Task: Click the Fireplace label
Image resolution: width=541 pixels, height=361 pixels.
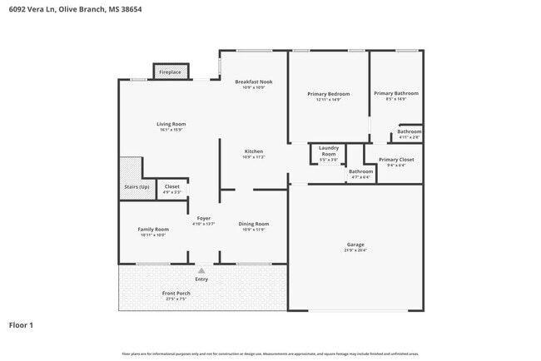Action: (x=171, y=72)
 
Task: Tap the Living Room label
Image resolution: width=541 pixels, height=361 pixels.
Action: (x=171, y=124)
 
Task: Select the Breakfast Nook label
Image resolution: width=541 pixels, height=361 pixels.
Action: (x=253, y=82)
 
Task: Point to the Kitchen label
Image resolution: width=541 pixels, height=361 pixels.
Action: (x=253, y=151)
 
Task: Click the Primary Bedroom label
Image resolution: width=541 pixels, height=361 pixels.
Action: (x=329, y=94)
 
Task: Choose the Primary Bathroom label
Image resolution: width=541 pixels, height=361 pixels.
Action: (x=395, y=93)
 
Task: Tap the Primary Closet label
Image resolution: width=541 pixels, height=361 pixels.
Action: (x=395, y=159)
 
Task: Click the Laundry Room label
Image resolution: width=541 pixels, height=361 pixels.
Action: (x=329, y=151)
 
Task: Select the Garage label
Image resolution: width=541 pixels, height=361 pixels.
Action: (x=355, y=245)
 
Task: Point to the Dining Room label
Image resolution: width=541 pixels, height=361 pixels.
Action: (x=253, y=223)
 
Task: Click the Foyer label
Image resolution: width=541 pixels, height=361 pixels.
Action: (x=203, y=218)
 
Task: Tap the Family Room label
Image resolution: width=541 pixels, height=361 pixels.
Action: (x=154, y=229)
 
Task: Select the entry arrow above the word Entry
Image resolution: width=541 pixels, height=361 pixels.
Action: (x=201, y=270)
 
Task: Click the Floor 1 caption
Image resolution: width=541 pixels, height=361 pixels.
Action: (x=21, y=324)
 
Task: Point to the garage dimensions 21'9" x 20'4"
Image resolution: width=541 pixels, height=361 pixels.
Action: (x=355, y=250)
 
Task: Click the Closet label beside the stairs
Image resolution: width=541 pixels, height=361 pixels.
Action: (x=171, y=186)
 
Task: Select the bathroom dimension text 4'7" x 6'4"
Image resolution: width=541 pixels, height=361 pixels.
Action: (x=360, y=176)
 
